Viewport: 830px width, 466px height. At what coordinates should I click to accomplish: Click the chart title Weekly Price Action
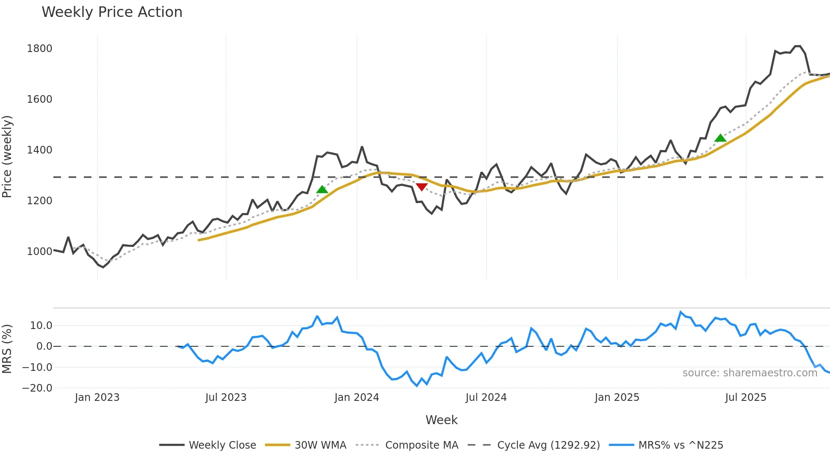tap(112, 12)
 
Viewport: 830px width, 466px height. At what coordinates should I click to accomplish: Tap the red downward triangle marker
tap(422, 186)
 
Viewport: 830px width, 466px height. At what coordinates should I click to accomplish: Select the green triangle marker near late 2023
tap(322, 189)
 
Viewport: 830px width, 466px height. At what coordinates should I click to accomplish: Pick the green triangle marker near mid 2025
tap(720, 138)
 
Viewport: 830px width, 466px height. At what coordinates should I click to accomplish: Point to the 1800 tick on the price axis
tap(39, 49)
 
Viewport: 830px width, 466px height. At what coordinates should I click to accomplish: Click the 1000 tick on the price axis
tap(39, 252)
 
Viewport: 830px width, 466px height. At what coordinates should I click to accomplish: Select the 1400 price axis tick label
tap(39, 150)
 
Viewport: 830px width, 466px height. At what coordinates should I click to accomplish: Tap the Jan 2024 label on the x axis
tap(357, 397)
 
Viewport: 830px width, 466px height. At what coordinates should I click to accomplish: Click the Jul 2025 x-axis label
tap(745, 397)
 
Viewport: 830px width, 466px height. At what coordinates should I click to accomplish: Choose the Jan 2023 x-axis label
tap(97, 397)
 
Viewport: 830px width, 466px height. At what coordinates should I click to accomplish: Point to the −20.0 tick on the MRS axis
tap(37, 388)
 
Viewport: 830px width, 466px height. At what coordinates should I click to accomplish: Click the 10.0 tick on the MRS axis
tap(41, 326)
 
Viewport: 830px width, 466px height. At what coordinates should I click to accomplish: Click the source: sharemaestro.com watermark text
tap(750, 373)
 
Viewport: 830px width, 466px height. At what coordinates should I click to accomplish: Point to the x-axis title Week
tap(441, 420)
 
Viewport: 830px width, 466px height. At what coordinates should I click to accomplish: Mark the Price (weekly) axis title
tap(7, 156)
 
